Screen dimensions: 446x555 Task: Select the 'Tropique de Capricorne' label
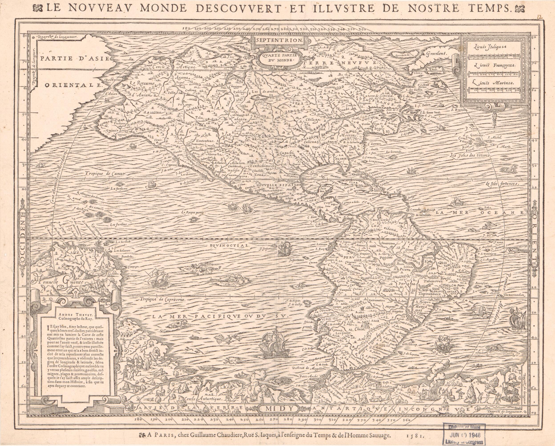(x=163, y=299)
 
